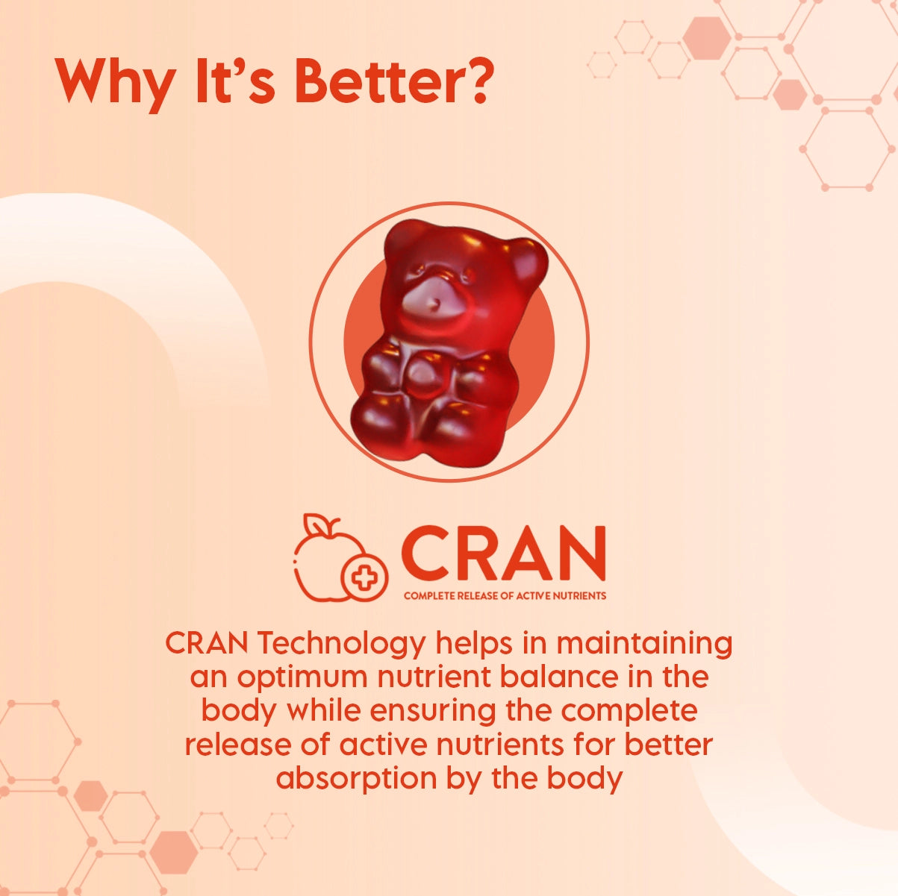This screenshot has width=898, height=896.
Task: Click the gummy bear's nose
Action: (x=436, y=304)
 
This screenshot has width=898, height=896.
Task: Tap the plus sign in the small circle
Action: (x=364, y=577)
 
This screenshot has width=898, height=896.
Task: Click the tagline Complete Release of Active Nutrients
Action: (x=505, y=595)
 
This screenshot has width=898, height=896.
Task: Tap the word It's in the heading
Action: (x=235, y=80)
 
